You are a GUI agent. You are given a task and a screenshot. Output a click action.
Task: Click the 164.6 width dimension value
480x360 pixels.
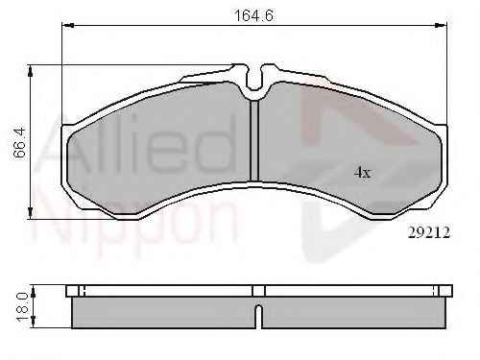[x=254, y=15]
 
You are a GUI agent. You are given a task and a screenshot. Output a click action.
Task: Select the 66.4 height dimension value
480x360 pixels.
[x=20, y=143]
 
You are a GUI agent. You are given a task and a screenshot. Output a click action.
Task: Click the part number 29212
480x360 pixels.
[x=429, y=232]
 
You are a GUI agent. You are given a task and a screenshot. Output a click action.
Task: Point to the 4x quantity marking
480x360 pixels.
[x=362, y=173]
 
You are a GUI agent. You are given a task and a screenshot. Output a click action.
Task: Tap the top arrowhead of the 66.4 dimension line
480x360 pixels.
[x=31, y=71]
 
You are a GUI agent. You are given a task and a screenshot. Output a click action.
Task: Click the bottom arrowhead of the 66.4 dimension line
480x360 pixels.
[x=31, y=213]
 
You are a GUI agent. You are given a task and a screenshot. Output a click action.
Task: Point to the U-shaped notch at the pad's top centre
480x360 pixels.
[x=254, y=80]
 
